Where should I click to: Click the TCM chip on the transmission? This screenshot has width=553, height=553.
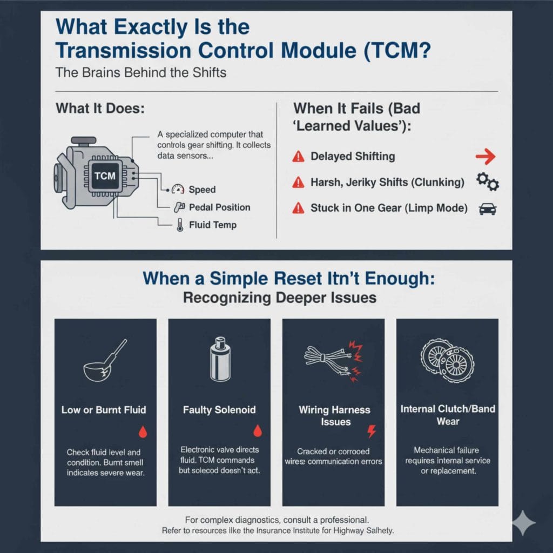pos(105,176)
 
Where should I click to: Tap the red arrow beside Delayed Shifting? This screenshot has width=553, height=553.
pos(485,157)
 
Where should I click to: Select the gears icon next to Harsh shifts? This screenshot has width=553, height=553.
pos(487,182)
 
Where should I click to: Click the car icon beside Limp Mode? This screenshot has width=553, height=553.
pos(488,208)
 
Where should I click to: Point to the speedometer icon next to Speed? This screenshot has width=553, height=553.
pos(178,190)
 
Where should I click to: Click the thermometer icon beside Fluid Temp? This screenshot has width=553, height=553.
pos(179,225)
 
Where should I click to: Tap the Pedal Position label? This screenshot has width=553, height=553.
pos(219,207)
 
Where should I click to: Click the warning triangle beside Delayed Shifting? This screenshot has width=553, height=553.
pos(298,157)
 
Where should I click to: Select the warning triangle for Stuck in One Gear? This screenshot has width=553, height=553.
pos(298,208)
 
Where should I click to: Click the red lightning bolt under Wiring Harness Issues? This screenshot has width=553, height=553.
pos(371,431)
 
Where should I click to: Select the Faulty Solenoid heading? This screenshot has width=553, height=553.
pos(219,410)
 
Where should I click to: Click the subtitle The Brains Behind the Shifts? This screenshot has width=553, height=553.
pos(141,72)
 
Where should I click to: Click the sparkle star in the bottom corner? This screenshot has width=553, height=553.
pos(523,522)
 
